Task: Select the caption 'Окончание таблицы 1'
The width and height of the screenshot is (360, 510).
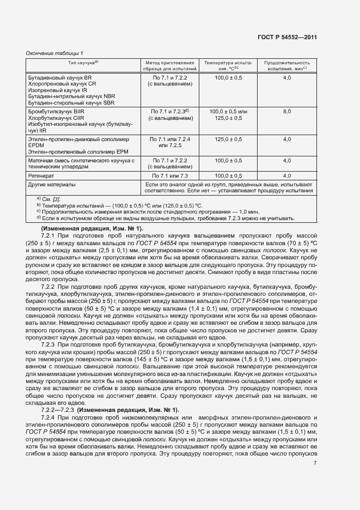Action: pyautogui.click(x=54, y=53)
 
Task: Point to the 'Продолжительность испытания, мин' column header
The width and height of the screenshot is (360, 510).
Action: pyautogui.click(x=286, y=66)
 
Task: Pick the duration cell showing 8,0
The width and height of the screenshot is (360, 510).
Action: pyautogui.click(x=287, y=111)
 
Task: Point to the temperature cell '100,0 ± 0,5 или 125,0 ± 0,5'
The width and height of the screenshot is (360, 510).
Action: pyautogui.click(x=228, y=114)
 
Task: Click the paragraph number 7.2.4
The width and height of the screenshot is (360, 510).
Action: pyautogui.click(x=50, y=416)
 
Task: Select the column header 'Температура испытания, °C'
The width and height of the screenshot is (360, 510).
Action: pyautogui.click(x=228, y=66)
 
